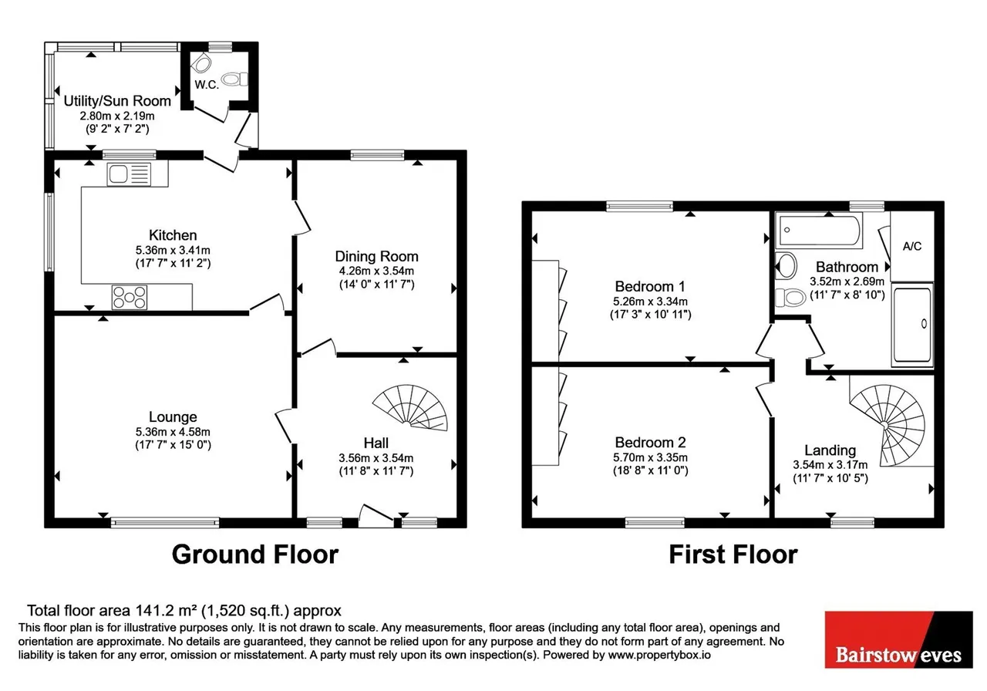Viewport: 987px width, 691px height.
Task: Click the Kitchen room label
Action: coord(173,235)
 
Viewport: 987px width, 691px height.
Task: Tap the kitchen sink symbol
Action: coord(129,174)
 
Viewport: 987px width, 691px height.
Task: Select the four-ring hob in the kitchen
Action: coord(130,298)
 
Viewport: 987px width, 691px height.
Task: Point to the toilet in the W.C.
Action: coord(235,79)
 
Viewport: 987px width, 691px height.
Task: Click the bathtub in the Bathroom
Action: coord(819,229)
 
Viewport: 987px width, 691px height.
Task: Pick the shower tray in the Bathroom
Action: coord(912,325)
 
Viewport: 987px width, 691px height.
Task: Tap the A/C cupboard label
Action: coord(912,246)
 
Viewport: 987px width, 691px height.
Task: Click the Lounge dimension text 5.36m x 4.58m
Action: coord(173,432)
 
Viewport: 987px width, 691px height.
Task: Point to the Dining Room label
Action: coord(377,257)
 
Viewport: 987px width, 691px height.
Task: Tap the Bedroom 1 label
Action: coord(650,287)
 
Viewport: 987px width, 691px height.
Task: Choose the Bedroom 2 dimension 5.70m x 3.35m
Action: coord(650,458)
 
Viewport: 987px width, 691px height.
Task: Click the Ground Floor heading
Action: coord(255,554)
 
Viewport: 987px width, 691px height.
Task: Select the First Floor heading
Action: coord(733,554)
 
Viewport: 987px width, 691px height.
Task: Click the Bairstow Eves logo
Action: coord(899,639)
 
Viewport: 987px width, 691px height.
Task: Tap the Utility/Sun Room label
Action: coord(117,101)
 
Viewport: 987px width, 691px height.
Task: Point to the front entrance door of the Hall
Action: coord(376,516)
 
